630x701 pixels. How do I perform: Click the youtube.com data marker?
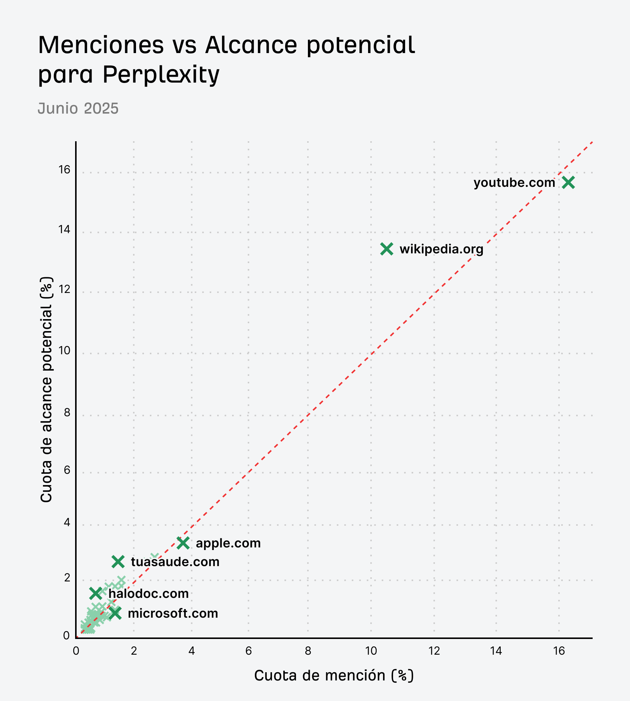tap(568, 183)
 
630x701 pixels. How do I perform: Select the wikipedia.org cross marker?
tap(387, 249)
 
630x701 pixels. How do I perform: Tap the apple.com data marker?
tap(183, 543)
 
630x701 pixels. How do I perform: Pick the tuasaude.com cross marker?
tap(118, 562)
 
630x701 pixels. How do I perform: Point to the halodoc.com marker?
tap(96, 593)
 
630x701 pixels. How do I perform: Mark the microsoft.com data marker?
tap(115, 613)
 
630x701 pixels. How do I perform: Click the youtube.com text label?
tap(514, 183)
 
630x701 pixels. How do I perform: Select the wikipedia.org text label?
tap(441, 249)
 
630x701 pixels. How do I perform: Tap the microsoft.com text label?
tap(173, 613)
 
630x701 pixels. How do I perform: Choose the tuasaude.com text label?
tap(175, 562)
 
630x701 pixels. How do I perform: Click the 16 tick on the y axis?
tap(64, 170)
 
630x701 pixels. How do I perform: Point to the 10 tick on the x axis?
tap(371, 651)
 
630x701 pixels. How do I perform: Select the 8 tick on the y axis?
tap(67, 413)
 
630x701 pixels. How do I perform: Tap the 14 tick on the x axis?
tap(496, 651)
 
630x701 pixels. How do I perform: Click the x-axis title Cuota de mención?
tap(334, 676)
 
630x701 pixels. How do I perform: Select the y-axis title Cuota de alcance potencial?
tap(46, 389)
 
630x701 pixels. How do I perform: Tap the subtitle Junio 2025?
tap(78, 108)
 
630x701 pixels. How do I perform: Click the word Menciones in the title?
tap(101, 45)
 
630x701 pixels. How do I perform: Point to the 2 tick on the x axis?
tap(134, 651)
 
